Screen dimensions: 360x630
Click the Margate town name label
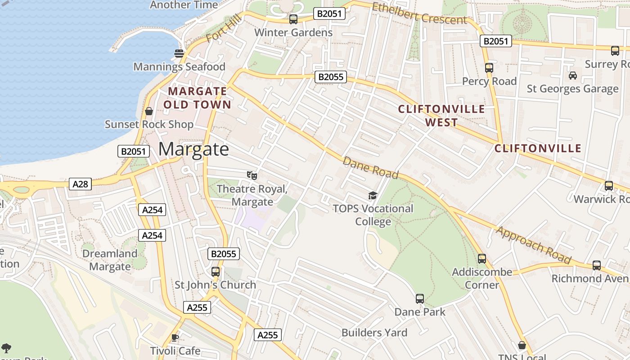pos(193,149)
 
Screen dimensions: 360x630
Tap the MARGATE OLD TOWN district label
pos(197,98)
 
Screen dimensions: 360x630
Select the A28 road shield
pos(81,184)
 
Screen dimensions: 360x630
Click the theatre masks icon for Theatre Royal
pos(252,175)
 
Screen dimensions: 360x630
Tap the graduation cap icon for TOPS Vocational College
pos(373,195)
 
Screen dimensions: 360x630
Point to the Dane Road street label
pos(371,167)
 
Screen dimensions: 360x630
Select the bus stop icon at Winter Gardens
pos(293,19)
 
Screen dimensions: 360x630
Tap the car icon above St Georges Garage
pos(572,75)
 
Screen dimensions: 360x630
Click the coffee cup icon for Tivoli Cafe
pos(175,337)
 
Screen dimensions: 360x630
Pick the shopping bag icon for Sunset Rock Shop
pos(149,111)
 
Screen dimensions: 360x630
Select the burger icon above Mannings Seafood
pos(179,54)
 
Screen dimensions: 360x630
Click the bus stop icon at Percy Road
pos(489,68)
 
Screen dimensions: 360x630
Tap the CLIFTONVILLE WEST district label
pos(441,116)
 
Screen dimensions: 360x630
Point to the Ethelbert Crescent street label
pos(419,13)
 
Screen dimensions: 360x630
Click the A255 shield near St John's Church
pos(197,307)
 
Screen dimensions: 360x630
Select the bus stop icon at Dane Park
pos(419,298)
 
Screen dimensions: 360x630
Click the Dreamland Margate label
pos(110,260)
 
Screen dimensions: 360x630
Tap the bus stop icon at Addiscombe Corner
pos(482,259)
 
